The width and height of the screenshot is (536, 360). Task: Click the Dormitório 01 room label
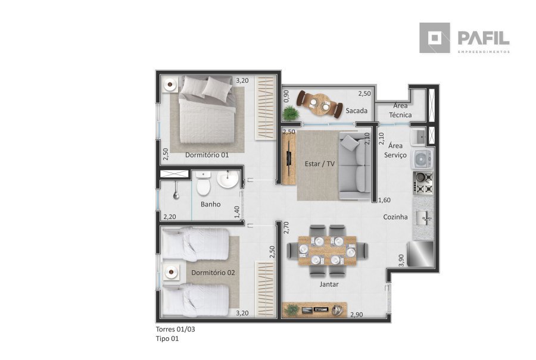click(207, 155)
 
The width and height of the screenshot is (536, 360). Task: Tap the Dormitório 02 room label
click(213, 273)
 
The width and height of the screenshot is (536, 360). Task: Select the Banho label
click(211, 204)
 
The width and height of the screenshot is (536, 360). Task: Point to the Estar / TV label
click(320, 164)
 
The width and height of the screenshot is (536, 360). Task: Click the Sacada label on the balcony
click(357, 111)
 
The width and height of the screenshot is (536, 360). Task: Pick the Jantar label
click(329, 284)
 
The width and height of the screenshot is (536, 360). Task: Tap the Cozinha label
click(395, 217)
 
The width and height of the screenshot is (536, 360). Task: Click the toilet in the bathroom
click(204, 183)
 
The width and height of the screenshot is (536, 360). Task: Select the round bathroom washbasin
click(228, 180)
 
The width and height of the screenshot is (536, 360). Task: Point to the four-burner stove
click(423, 183)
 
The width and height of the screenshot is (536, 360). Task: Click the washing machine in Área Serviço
click(422, 159)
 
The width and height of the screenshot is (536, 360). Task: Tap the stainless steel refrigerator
click(420, 253)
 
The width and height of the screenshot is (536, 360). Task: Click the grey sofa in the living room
click(355, 166)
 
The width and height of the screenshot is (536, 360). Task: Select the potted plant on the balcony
click(291, 113)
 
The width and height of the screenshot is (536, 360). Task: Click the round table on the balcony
click(320, 104)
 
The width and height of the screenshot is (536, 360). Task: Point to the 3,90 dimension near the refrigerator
click(401, 260)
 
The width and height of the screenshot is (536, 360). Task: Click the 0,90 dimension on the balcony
click(286, 96)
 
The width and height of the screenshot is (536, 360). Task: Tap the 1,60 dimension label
click(385, 200)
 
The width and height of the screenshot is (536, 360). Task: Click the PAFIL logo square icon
click(435, 38)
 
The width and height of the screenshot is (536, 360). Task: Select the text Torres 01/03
click(175, 329)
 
